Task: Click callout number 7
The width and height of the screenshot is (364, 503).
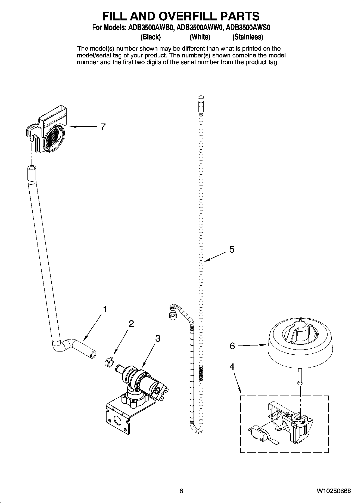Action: pos(103,127)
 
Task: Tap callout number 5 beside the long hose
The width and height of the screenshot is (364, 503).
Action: pos(232,249)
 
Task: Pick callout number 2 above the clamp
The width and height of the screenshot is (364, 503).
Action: pos(131,324)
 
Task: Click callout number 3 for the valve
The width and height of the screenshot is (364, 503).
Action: pos(157,338)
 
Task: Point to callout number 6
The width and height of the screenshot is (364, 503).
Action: pos(232,346)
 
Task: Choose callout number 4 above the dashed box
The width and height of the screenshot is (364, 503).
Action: pos(232,367)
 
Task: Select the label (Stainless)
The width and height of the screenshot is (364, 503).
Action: pos(248,37)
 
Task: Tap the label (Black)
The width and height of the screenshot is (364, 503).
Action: pos(150,37)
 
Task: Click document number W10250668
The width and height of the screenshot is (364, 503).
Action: pos(333,491)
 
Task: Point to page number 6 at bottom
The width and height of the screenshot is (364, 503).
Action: pos(181,491)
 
